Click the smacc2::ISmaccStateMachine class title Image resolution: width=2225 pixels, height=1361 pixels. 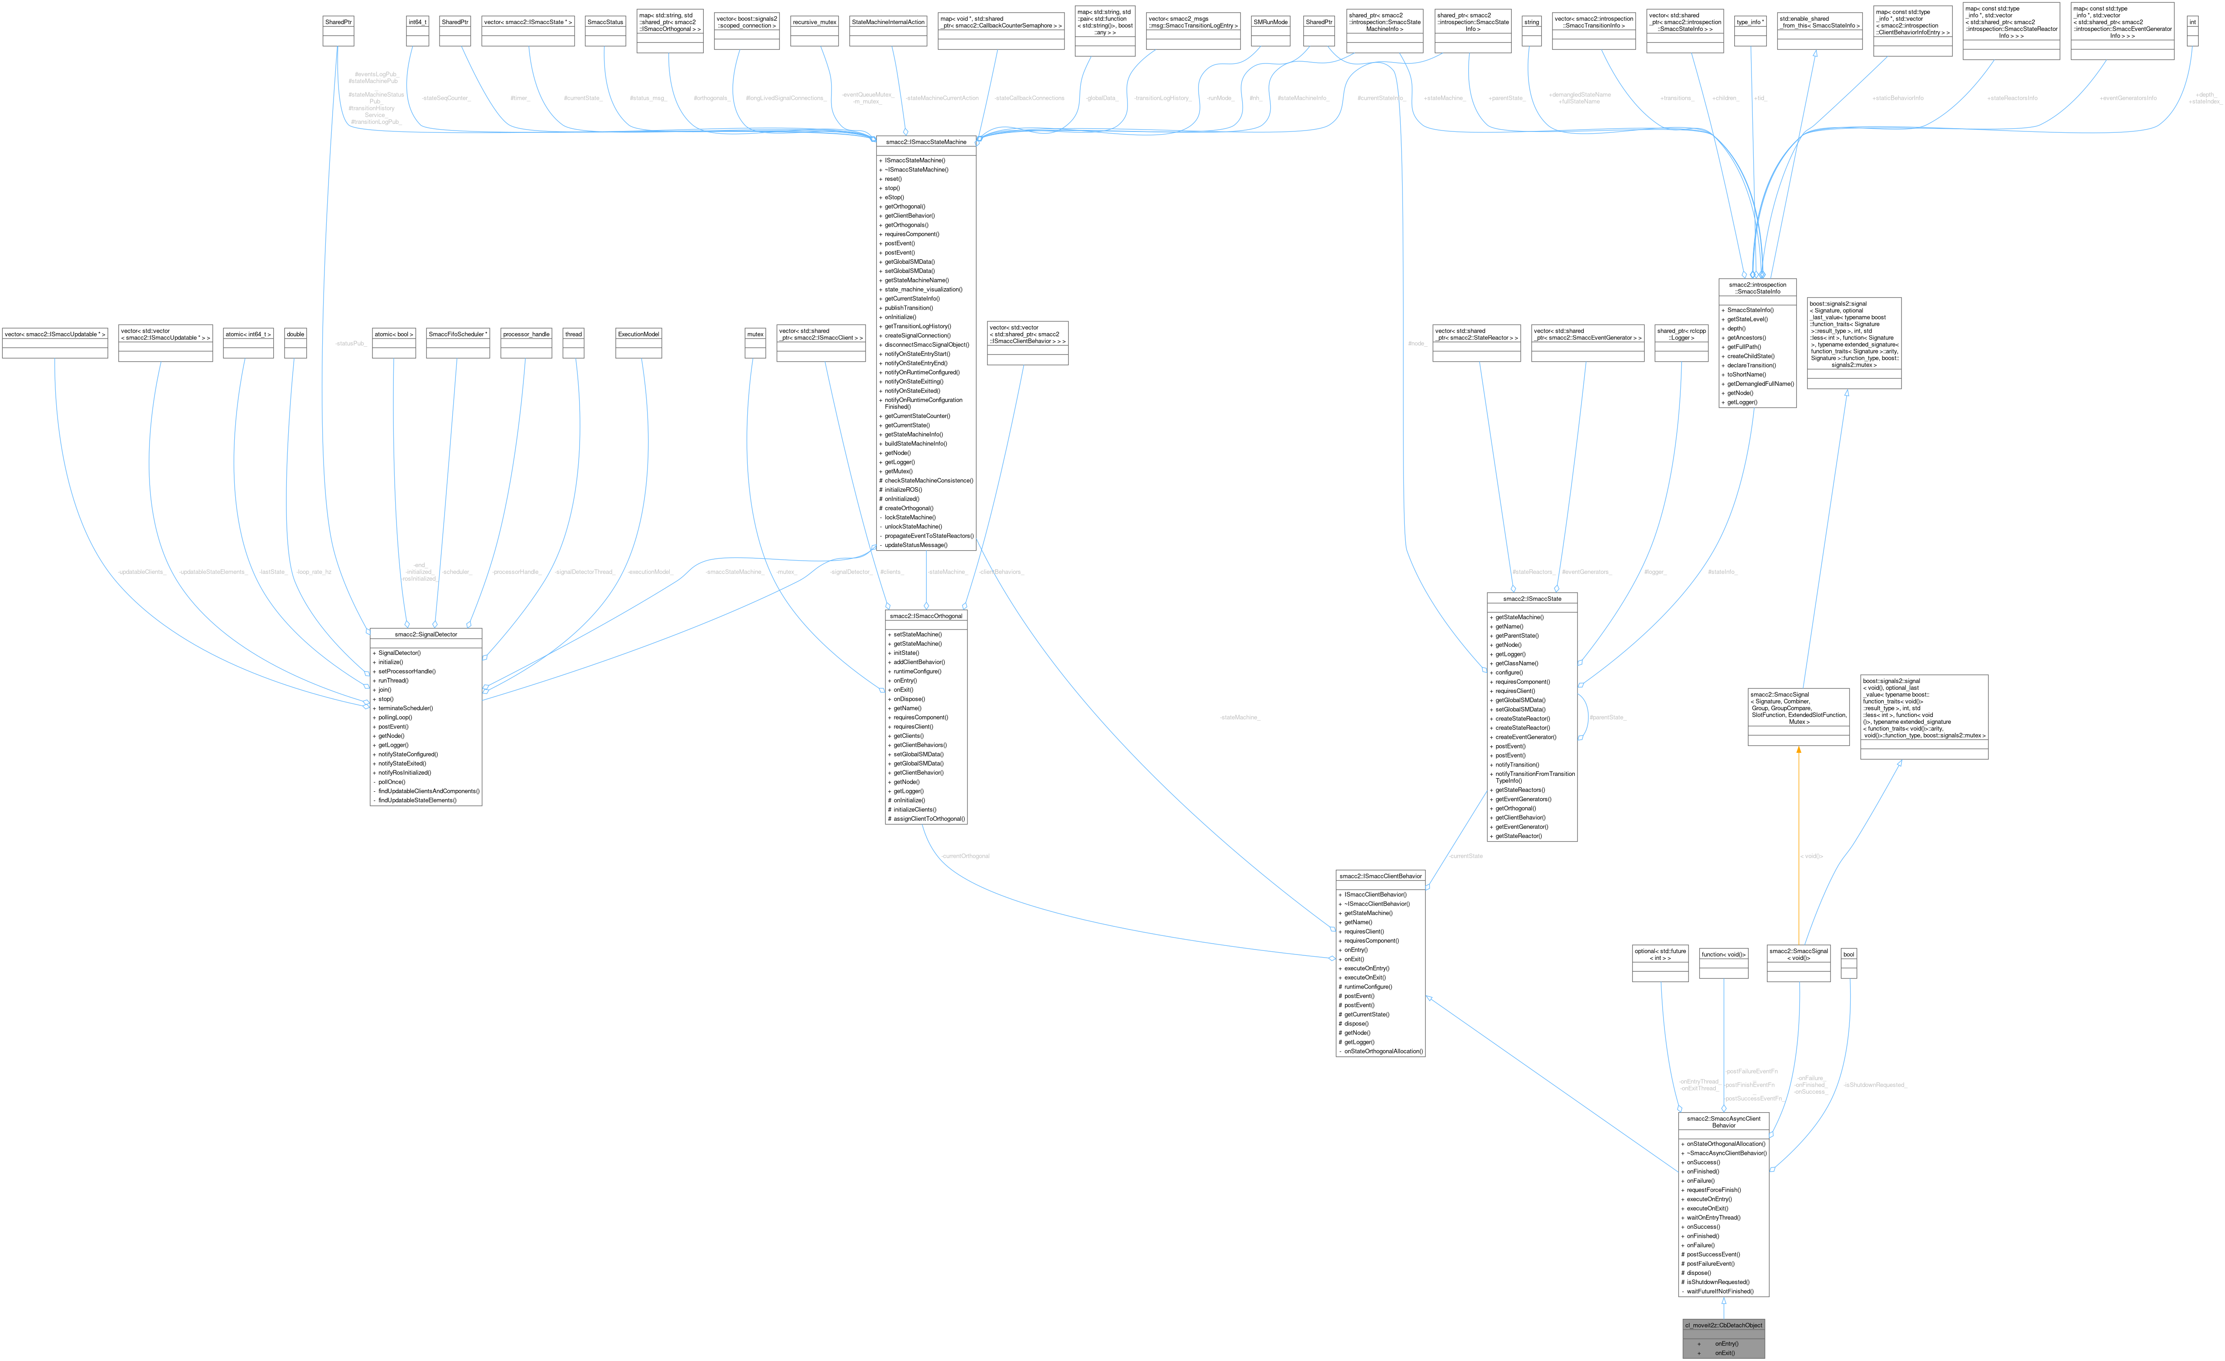(926, 142)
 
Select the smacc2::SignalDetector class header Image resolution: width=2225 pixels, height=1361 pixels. (426, 634)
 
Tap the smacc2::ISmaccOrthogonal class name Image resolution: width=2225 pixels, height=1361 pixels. (926, 616)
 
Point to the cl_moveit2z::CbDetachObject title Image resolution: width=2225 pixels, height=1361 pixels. (1723, 1325)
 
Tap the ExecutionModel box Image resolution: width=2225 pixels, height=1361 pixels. (638, 334)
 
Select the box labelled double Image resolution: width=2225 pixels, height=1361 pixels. (295, 334)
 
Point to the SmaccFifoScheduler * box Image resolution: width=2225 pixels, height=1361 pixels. (458, 334)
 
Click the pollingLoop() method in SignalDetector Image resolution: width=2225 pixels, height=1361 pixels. (395, 717)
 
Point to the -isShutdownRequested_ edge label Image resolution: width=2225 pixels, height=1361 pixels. (1875, 1085)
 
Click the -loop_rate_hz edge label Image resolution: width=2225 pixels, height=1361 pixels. (313, 572)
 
